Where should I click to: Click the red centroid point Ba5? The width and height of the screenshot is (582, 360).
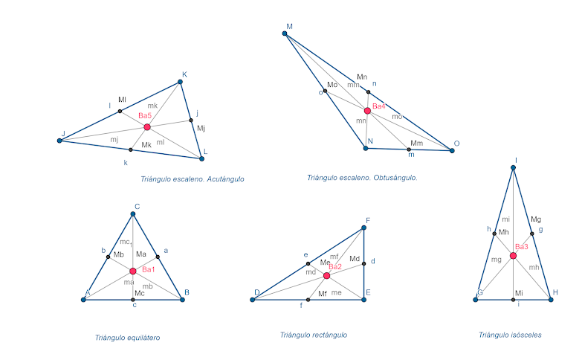point(147,127)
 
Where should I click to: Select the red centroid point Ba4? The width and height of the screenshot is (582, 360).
point(367,111)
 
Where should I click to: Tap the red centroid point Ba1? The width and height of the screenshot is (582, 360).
point(133,271)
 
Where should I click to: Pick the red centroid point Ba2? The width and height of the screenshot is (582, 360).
point(326,275)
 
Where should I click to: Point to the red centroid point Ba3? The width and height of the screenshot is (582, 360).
point(513,256)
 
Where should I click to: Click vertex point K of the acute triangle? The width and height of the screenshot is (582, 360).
point(182,83)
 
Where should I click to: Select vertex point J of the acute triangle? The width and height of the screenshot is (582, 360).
point(60,140)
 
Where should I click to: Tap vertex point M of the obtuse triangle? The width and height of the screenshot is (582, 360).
point(285,33)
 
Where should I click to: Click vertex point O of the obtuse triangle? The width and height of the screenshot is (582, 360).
point(452,150)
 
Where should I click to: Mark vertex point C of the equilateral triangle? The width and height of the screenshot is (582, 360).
point(133,214)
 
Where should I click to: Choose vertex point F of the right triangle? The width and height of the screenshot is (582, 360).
point(364,228)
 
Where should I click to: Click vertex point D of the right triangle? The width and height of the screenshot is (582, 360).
point(253,300)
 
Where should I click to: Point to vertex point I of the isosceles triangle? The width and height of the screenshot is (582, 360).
point(513,167)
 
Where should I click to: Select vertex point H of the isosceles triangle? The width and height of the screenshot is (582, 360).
point(550,300)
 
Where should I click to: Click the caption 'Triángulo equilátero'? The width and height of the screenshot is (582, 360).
point(127,338)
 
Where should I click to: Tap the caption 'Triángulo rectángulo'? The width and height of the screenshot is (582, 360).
point(313,335)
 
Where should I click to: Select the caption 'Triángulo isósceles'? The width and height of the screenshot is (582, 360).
point(510,335)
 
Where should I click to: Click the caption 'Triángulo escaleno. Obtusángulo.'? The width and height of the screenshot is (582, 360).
point(362,178)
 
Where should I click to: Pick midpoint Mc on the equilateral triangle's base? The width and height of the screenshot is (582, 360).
point(133,300)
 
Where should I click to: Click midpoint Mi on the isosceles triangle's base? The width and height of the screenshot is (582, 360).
point(513,300)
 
